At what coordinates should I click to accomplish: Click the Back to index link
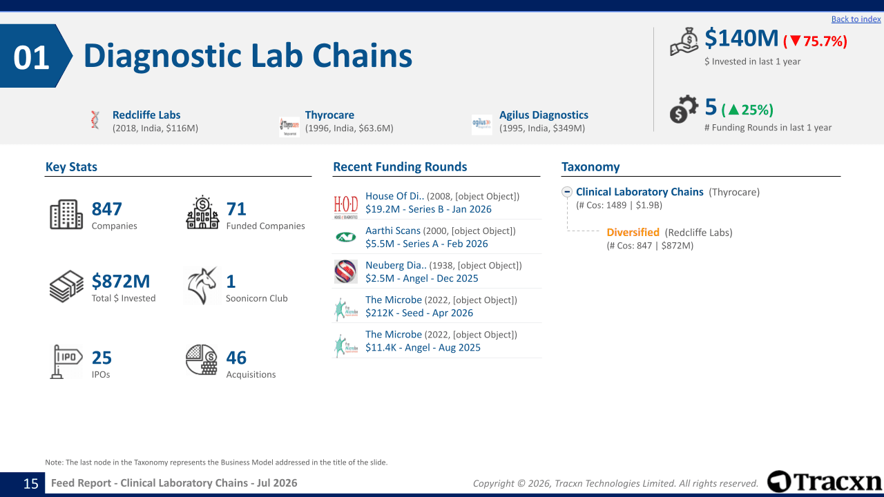click(x=856, y=19)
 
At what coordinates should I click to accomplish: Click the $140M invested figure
click(x=741, y=39)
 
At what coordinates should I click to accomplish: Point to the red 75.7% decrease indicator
click(x=816, y=41)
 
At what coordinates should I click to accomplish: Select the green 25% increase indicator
click(x=747, y=110)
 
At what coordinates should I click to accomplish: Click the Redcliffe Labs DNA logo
click(x=95, y=120)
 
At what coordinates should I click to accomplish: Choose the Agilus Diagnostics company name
click(x=544, y=115)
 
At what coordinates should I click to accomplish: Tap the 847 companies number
click(x=106, y=209)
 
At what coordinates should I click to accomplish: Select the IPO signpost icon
click(x=66, y=361)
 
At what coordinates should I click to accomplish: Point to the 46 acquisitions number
click(x=236, y=358)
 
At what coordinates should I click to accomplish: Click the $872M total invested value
click(x=121, y=281)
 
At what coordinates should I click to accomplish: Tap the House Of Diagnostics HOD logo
click(x=346, y=206)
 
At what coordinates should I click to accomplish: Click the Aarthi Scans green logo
click(x=346, y=237)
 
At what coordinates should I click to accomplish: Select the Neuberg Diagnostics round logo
click(x=346, y=271)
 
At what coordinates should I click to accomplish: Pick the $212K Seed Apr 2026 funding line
click(x=419, y=313)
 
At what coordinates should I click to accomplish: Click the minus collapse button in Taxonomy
click(x=567, y=192)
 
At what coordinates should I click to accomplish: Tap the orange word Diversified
click(x=633, y=233)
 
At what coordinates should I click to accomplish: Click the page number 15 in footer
click(x=31, y=484)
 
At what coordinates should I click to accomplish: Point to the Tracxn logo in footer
click(x=825, y=482)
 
